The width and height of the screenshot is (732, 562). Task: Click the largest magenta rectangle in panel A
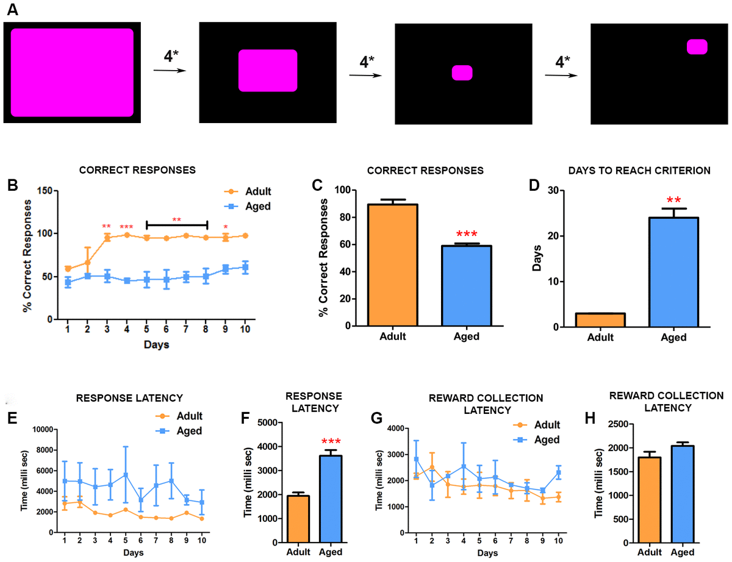click(x=72, y=72)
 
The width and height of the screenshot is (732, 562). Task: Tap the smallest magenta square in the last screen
click(x=697, y=47)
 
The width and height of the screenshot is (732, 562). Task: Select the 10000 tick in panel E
click(x=41, y=429)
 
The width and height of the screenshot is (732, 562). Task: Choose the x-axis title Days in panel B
click(x=156, y=345)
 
